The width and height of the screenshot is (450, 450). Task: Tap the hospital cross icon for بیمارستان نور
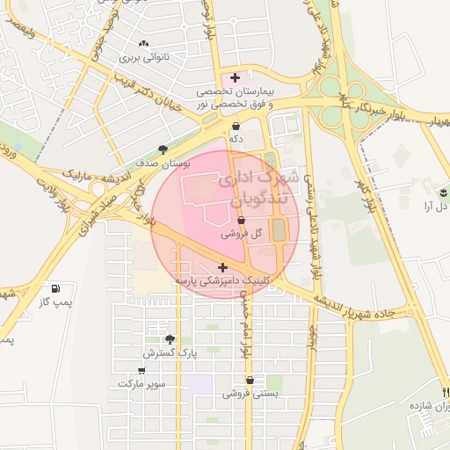(x=235, y=78)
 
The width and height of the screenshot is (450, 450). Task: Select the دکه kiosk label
(x=236, y=139)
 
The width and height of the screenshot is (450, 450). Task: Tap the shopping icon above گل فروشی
(x=242, y=221)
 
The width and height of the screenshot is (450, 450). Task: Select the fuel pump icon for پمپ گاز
(x=56, y=288)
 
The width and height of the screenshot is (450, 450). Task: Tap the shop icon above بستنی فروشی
(x=250, y=381)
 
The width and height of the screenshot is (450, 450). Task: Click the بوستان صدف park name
(x=146, y=163)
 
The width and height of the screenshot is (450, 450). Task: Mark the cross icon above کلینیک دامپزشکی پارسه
(x=221, y=267)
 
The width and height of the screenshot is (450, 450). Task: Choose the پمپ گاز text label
(x=54, y=302)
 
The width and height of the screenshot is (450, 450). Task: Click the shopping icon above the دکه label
(x=236, y=126)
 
